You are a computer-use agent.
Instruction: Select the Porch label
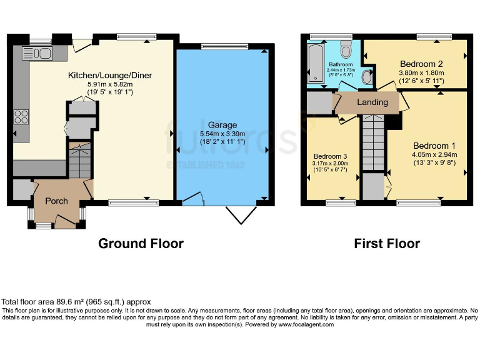coord(56,201)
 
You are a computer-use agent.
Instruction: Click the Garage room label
coord(223,124)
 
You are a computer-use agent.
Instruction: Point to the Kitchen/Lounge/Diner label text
coord(110,76)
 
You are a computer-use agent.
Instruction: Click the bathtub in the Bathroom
coord(316,62)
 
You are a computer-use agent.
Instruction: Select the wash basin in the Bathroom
coord(367,76)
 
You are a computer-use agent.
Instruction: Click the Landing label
coord(372,102)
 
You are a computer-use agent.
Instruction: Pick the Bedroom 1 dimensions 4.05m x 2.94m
coord(434,155)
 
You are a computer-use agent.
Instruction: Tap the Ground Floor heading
coord(141,244)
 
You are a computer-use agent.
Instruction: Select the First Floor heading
coord(387,244)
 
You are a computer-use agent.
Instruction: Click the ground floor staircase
coord(79,161)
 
